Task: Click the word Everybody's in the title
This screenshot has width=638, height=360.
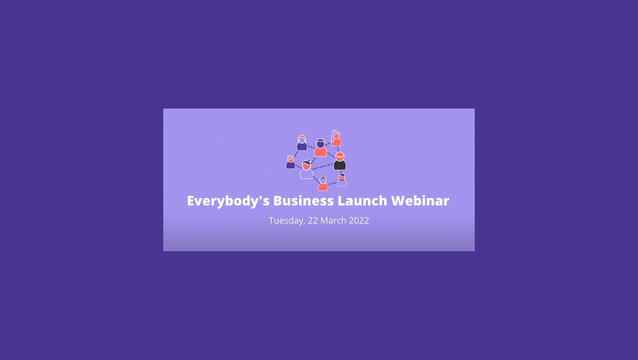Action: click(228, 201)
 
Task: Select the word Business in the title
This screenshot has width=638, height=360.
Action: click(303, 200)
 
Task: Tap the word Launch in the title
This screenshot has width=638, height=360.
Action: click(362, 200)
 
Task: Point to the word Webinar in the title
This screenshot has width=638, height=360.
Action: click(420, 200)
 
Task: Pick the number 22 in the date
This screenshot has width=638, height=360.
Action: click(313, 220)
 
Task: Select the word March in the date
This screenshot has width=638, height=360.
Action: click(333, 220)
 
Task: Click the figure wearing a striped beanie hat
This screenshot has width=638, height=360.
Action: click(323, 183)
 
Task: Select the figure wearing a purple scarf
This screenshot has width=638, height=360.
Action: click(342, 180)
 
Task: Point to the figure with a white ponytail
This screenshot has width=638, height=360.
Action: click(336, 138)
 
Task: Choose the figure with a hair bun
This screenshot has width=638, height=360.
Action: click(307, 169)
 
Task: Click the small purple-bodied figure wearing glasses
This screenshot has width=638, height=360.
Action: click(291, 162)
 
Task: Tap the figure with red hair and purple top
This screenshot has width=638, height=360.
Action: click(302, 143)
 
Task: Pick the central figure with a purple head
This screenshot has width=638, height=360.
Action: click(321, 148)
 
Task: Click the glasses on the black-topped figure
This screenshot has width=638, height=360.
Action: click(340, 156)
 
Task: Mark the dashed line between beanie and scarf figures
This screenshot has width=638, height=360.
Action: click(332, 184)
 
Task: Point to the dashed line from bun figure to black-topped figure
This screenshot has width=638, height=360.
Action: click(323, 167)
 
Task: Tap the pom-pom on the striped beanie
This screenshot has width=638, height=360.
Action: click(323, 176)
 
